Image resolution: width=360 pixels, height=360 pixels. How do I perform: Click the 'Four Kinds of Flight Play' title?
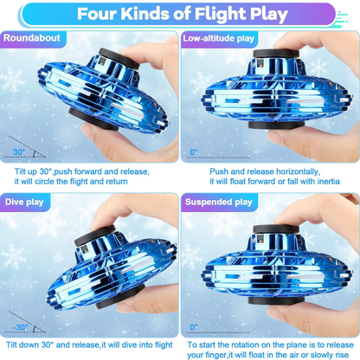[x=183, y=14]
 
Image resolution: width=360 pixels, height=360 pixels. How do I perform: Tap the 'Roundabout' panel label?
[x=32, y=38]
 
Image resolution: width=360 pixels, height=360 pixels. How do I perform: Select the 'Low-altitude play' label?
[x=219, y=38]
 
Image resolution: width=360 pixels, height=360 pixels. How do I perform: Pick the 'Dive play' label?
[x=24, y=202]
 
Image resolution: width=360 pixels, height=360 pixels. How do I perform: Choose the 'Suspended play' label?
[x=219, y=202]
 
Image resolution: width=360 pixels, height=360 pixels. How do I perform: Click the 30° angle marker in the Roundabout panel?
[x=19, y=151]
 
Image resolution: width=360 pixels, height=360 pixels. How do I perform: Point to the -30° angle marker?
[x=21, y=327]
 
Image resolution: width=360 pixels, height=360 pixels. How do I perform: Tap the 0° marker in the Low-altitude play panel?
[x=194, y=151]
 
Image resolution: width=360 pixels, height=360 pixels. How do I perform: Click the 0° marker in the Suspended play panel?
[x=194, y=327]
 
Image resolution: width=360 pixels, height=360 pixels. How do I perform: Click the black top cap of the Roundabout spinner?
[x=119, y=58]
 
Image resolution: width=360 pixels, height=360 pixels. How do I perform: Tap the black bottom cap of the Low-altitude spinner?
[x=276, y=125]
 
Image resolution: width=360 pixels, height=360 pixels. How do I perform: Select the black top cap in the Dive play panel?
[x=95, y=235]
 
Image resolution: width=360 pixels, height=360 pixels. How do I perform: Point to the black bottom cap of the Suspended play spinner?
[x=276, y=300]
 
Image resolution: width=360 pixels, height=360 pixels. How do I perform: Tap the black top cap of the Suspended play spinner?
[x=276, y=229]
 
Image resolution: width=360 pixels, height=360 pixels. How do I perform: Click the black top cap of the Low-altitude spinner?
[x=276, y=54]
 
